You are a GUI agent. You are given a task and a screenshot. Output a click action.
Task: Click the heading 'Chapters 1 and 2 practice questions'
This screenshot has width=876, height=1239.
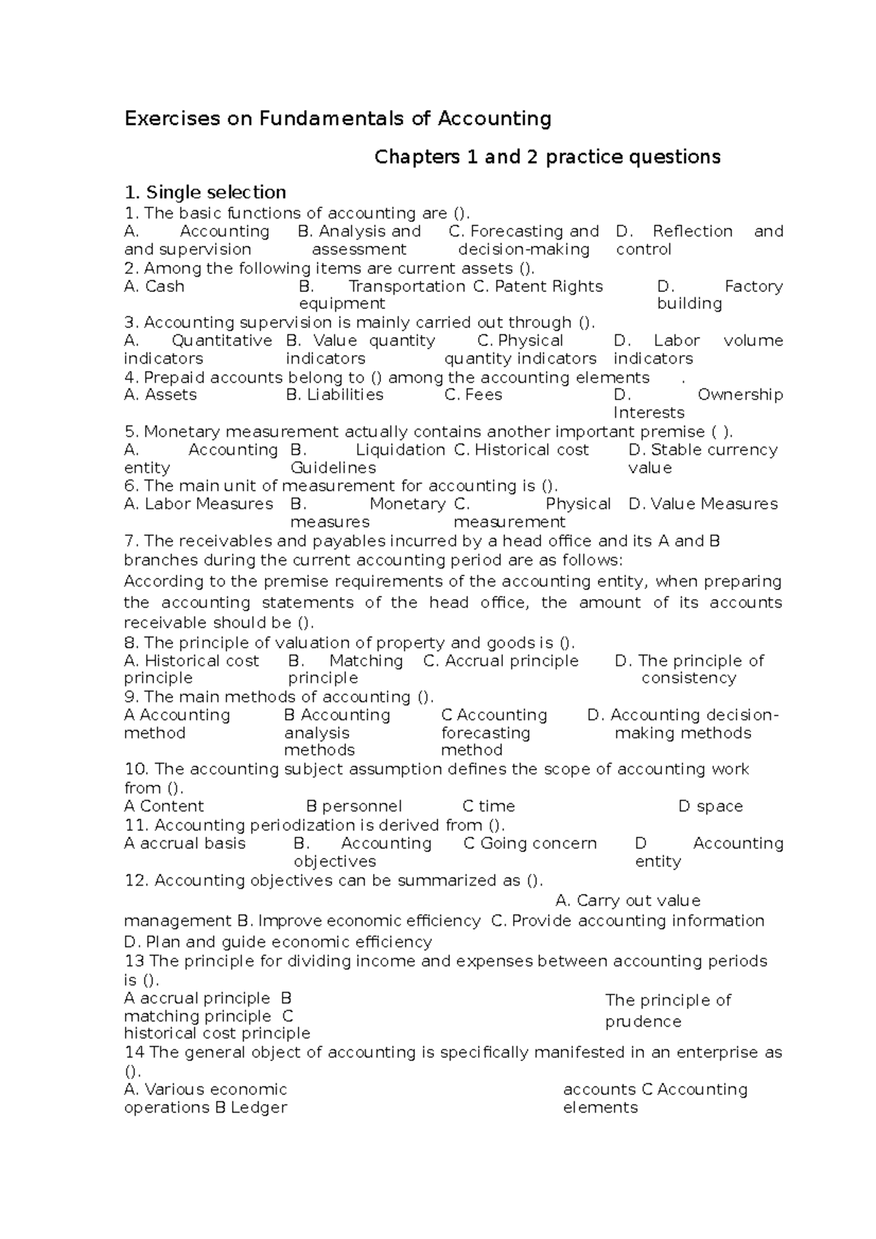tap(547, 157)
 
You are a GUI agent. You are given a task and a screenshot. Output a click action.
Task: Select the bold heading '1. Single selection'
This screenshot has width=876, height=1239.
tap(205, 193)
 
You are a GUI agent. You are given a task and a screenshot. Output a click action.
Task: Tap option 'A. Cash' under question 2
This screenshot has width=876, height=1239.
tap(154, 286)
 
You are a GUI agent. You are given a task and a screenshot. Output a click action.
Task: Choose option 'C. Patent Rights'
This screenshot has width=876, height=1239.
tap(538, 286)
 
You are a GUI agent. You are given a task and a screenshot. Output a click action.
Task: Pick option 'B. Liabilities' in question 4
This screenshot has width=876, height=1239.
tap(335, 395)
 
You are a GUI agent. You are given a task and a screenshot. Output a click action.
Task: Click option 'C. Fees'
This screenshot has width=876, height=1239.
tap(473, 395)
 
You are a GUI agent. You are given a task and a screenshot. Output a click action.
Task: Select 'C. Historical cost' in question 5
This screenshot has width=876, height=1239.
tap(521, 450)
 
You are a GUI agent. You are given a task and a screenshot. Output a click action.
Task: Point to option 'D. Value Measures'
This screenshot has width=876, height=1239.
tap(703, 504)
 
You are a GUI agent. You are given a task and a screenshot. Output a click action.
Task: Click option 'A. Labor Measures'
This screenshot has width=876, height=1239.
tap(199, 504)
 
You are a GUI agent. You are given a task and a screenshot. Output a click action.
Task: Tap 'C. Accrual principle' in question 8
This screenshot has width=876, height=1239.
tap(501, 661)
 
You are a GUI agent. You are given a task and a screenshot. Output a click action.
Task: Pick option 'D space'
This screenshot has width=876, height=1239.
tap(710, 806)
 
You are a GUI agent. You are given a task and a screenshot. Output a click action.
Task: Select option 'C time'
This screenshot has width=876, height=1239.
tap(489, 806)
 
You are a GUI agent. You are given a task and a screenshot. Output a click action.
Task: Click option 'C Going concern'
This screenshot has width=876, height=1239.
tap(530, 843)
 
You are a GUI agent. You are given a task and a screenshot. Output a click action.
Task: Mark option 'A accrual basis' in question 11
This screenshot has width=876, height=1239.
tap(185, 843)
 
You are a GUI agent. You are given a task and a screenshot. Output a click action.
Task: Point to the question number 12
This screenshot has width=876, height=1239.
tap(137, 881)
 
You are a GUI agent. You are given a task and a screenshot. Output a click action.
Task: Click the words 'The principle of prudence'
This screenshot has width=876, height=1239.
tap(667, 1010)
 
